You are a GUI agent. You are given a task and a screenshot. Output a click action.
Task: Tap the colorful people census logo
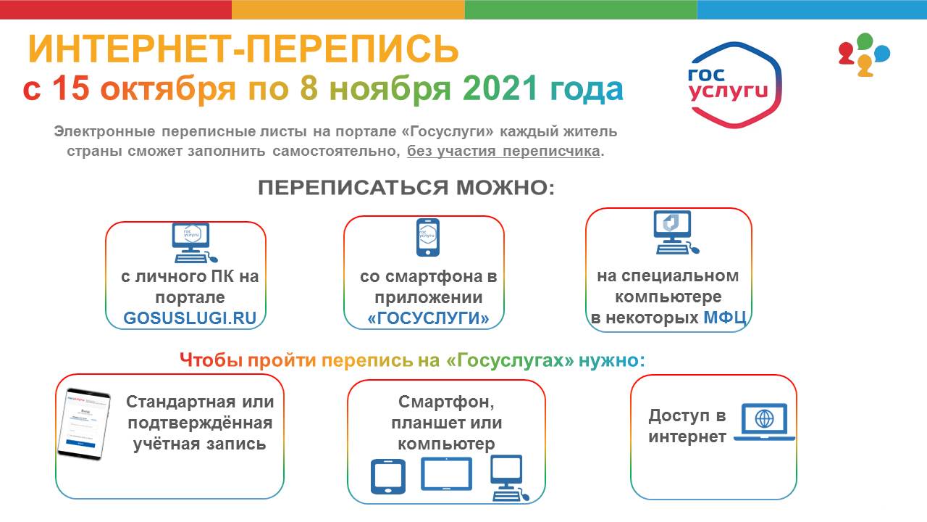click(864, 54)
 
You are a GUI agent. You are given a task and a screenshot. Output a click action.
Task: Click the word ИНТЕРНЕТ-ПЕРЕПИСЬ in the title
click(243, 49)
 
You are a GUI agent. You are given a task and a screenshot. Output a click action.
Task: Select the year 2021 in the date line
click(500, 88)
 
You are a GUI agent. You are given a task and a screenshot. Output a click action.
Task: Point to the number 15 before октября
click(71, 88)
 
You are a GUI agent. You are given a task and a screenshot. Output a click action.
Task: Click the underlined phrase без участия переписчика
click(503, 152)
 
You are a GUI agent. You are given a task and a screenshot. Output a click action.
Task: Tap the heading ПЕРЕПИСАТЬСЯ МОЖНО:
click(406, 188)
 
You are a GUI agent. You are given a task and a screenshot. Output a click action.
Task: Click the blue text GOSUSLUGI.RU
click(190, 318)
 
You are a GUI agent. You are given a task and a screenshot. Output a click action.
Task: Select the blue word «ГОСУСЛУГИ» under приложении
click(428, 318)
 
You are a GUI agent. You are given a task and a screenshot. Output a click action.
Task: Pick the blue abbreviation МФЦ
click(725, 318)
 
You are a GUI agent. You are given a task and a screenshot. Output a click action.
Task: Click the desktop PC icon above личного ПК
click(194, 243)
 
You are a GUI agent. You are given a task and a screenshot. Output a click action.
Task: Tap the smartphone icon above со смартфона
click(428, 237)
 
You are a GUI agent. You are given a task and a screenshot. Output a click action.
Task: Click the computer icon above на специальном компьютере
click(676, 233)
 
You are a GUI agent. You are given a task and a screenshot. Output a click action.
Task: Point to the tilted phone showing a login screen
click(84, 424)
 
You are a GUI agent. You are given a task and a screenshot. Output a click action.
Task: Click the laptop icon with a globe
click(764, 422)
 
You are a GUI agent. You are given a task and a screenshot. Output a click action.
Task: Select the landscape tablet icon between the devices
click(446, 473)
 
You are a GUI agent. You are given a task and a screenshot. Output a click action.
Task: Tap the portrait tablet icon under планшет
click(387, 476)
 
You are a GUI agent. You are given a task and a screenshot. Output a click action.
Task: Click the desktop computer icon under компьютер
click(509, 478)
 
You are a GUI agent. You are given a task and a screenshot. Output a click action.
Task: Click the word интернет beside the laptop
click(687, 436)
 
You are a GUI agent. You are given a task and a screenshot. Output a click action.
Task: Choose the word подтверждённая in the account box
click(200, 423)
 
